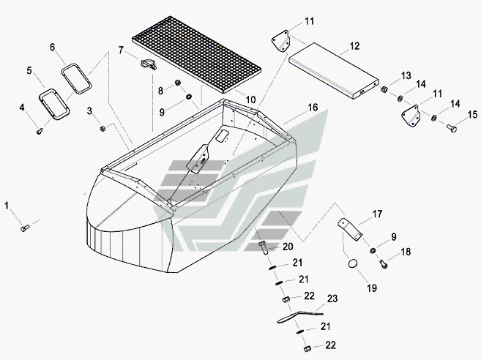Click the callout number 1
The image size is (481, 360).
tap(7, 206)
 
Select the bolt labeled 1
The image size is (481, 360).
tap(25, 228)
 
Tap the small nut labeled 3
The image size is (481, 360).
tap(102, 129)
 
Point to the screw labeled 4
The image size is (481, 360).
tap(40, 131)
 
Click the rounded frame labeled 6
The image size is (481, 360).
tap(76, 78)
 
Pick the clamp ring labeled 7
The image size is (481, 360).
tap(149, 64)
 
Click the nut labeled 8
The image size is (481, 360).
tap(177, 83)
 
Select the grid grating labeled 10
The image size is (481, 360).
tap(197, 55)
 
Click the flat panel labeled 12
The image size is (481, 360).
tap(334, 70)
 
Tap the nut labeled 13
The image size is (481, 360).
tap(384, 89)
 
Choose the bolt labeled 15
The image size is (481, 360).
tap(452, 128)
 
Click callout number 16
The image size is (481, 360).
tap(313, 108)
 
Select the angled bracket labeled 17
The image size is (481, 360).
tap(350, 229)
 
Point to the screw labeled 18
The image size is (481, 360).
tap(383, 263)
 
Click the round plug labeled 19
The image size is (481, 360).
tap(353, 263)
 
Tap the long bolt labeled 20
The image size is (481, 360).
tap(264, 248)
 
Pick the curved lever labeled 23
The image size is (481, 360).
tap(299, 316)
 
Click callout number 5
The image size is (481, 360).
tap(29, 71)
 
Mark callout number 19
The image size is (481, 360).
tap(372, 288)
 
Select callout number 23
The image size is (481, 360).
tap(332, 299)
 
